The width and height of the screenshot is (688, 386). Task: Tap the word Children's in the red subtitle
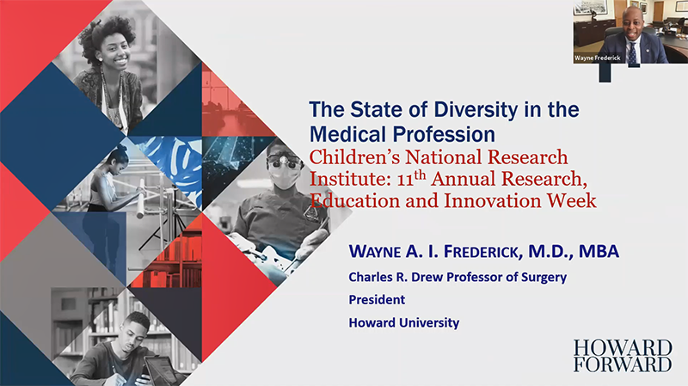(x=354, y=157)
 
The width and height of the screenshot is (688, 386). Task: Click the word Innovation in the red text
(x=492, y=200)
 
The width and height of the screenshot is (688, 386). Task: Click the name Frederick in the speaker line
(x=483, y=252)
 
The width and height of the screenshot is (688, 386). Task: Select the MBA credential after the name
(x=599, y=251)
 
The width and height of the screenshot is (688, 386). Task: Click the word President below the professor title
(x=377, y=299)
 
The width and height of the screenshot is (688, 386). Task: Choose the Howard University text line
(x=404, y=322)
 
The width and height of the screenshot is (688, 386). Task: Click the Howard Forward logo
(x=623, y=356)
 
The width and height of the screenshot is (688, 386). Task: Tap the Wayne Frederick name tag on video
(x=598, y=58)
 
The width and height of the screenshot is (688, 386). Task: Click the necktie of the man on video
(x=632, y=53)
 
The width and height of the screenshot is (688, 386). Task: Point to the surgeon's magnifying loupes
(x=286, y=162)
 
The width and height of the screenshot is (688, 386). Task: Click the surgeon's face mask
(x=285, y=179)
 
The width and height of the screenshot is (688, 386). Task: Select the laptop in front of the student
(x=161, y=371)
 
